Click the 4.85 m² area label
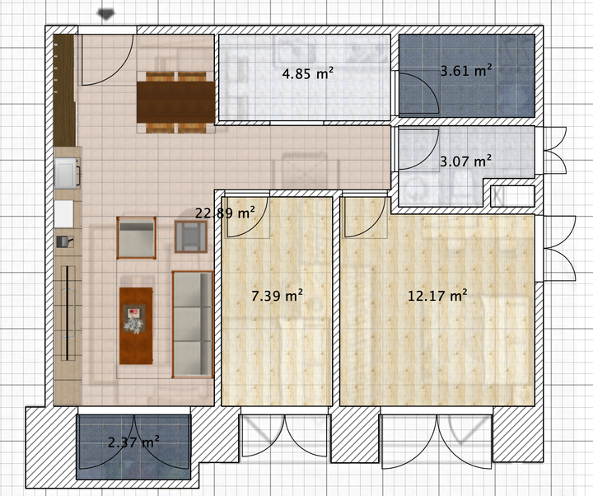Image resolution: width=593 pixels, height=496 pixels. tap(308, 73)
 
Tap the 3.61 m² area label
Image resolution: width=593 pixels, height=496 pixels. tap(466, 70)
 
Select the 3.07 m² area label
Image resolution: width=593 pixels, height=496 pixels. tap(465, 161)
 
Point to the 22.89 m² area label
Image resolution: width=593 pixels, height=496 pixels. tap(225, 213)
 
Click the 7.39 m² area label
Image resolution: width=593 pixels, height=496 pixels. tap(278, 295)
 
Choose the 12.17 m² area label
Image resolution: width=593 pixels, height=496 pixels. tap(437, 295)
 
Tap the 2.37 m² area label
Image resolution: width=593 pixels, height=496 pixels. tap(133, 442)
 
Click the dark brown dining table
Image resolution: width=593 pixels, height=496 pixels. tap(176, 102)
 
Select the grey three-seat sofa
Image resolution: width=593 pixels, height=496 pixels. tap(193, 325)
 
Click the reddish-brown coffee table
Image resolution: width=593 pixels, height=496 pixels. tap(136, 325)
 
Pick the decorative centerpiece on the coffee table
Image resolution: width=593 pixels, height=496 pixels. tap(134, 320)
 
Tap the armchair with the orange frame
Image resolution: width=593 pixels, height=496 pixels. tap(136, 238)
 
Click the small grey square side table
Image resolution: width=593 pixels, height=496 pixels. tap(191, 236)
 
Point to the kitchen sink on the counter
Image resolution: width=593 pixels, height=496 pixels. tap(68, 173)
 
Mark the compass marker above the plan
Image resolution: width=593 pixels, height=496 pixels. tap(106, 14)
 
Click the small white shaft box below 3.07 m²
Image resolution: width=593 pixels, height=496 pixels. tap(512, 196)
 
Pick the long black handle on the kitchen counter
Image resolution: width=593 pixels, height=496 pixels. tap(68, 313)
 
